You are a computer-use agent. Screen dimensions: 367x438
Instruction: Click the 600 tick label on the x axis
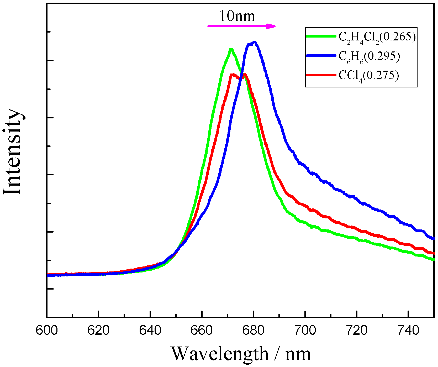pyautogui.click(x=47, y=331)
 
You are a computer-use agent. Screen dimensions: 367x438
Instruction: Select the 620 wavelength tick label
pyautogui.click(x=98, y=331)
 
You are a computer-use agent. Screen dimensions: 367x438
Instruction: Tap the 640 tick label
pyautogui.click(x=150, y=331)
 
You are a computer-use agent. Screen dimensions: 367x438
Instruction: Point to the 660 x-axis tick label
pyautogui.click(x=202, y=331)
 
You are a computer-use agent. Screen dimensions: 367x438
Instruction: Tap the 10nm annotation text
pyautogui.click(x=237, y=16)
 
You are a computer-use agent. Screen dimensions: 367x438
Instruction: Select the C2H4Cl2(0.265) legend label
pyautogui.click(x=377, y=37)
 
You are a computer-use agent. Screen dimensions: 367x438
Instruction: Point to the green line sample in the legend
pyautogui.click(x=321, y=36)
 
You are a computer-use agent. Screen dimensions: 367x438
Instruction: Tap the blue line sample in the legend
pyautogui.click(x=321, y=56)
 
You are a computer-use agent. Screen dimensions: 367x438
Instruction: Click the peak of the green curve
pyautogui.click(x=231, y=49)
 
